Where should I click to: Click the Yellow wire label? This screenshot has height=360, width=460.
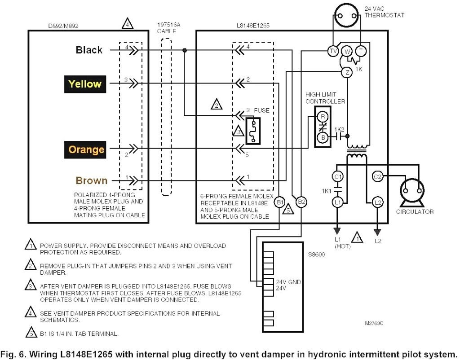85,84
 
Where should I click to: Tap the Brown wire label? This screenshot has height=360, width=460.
92,180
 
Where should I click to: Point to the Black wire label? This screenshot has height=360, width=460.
89,50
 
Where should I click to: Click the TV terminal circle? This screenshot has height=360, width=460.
333,51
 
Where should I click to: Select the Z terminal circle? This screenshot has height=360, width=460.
347,72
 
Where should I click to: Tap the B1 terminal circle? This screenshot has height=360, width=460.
279,202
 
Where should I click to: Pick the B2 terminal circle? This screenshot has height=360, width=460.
301,202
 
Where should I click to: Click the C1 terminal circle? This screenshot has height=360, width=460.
337,176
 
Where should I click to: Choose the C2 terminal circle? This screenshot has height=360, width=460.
377,176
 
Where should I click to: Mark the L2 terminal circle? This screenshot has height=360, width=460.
377,202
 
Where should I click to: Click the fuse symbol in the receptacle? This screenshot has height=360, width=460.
253,131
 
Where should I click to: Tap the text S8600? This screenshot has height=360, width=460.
316,255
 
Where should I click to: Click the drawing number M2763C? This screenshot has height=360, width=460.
374,323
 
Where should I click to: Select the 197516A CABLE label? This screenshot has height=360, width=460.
168,28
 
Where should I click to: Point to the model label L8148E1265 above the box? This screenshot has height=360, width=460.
253,26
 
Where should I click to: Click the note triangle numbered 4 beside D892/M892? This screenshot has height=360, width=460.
127,23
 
